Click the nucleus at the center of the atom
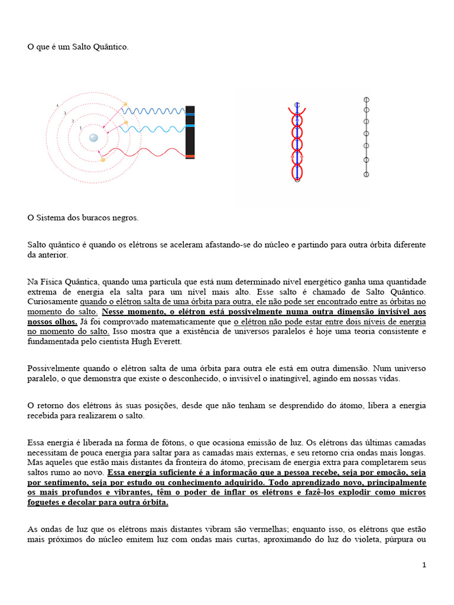pyautogui.click(x=93, y=138)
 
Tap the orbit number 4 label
pyautogui.click(x=57, y=106)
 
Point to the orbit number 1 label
pyautogui.click(x=80, y=128)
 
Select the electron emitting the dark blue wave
pyautogui.click(x=125, y=104)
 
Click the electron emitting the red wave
pyautogui.click(x=103, y=160)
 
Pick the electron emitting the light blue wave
pyautogui.click(x=126, y=122)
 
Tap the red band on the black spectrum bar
pyautogui.click(x=190, y=156)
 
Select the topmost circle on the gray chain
pyautogui.click(x=367, y=99)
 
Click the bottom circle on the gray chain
pyautogui.click(x=367, y=174)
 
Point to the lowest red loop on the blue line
pyautogui.click(x=297, y=171)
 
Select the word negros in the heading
pyautogui.click(x=125, y=217)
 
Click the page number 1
pyautogui.click(x=424, y=565)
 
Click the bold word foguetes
pyautogui.click(x=46, y=502)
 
